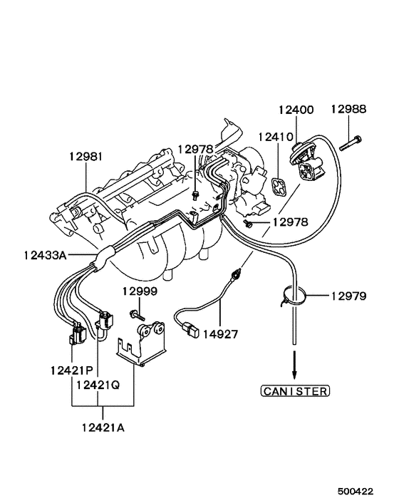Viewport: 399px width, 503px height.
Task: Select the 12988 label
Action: (348, 110)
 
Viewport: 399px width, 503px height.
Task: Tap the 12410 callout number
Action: (274, 135)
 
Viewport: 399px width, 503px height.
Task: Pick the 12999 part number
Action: (139, 291)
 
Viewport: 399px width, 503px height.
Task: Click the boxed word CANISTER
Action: (294, 390)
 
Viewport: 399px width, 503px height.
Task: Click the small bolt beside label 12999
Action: (137, 313)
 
